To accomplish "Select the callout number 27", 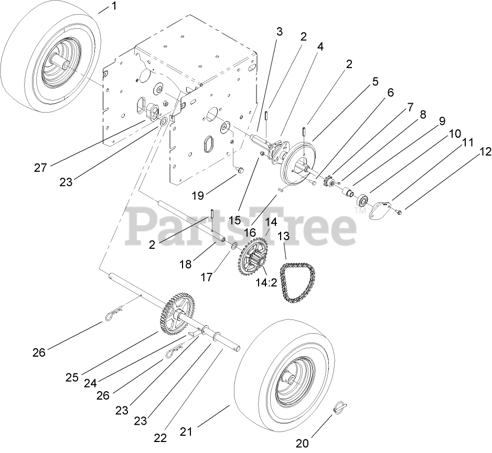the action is (41, 168).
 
